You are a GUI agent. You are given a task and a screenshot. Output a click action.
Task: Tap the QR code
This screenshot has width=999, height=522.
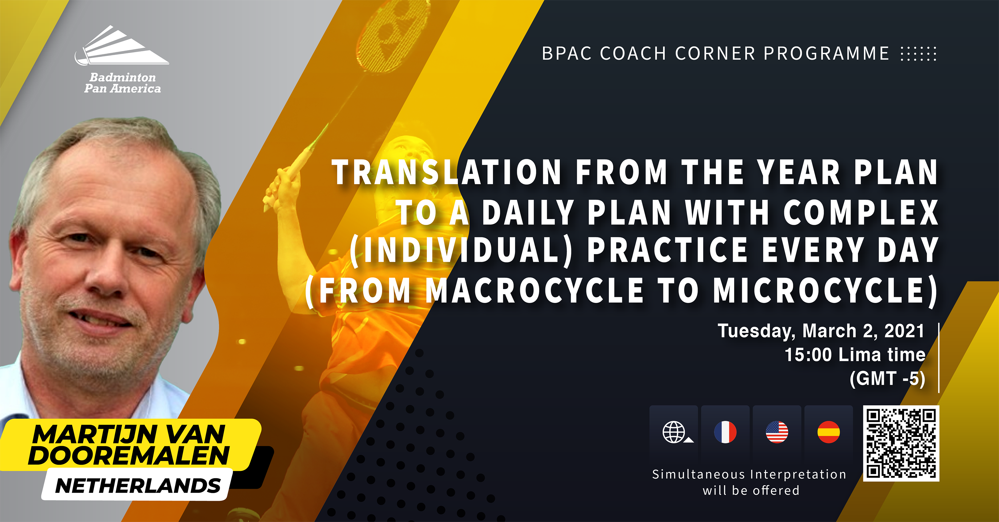[901, 443]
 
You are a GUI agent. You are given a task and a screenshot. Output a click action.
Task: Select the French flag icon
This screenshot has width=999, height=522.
[725, 432]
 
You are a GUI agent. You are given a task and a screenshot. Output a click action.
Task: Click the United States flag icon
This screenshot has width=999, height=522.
[777, 432]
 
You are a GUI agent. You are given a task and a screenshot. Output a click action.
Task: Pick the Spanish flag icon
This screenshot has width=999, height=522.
[829, 432]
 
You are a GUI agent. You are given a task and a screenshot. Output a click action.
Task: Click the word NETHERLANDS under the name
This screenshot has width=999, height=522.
[138, 485]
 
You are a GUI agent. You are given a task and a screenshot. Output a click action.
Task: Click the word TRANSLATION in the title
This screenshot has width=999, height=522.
[447, 173]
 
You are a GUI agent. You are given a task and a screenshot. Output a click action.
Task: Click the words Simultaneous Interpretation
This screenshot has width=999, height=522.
[749, 474]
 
